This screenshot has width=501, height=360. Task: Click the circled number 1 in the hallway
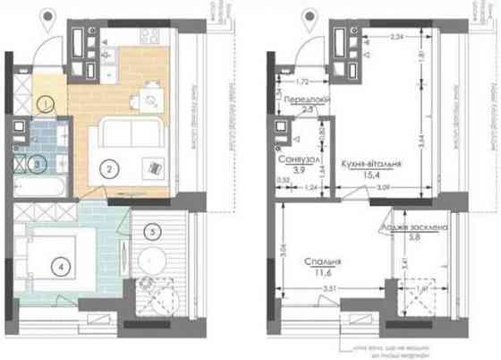coord(44,105)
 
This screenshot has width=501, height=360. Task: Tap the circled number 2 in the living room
coord(107,167)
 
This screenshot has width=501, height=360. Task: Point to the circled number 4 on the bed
coord(60,265)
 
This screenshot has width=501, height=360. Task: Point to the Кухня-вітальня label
coord(370,165)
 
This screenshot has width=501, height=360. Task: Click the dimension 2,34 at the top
coord(398,37)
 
